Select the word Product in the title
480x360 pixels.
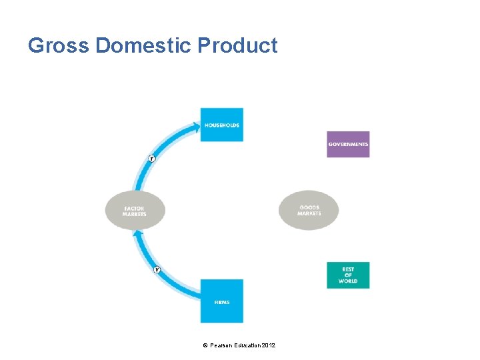[237, 45]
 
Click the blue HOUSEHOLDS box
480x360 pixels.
[222, 125]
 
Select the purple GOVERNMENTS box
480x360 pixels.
[348, 144]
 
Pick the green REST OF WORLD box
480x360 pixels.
[348, 275]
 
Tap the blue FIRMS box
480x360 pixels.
[222, 301]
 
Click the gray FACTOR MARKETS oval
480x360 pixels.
[135, 211]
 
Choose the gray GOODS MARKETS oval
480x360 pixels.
[309, 210]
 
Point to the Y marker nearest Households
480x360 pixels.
[151, 159]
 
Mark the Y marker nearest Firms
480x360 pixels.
[157, 270]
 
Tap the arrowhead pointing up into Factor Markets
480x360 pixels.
[138, 234]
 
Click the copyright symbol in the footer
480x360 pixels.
[205, 345]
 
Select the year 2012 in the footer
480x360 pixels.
[268, 345]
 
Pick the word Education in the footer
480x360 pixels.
[246, 345]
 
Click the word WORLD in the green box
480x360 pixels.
[348, 281]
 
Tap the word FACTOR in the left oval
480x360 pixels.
[134, 208]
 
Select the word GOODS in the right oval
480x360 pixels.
[309, 207]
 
